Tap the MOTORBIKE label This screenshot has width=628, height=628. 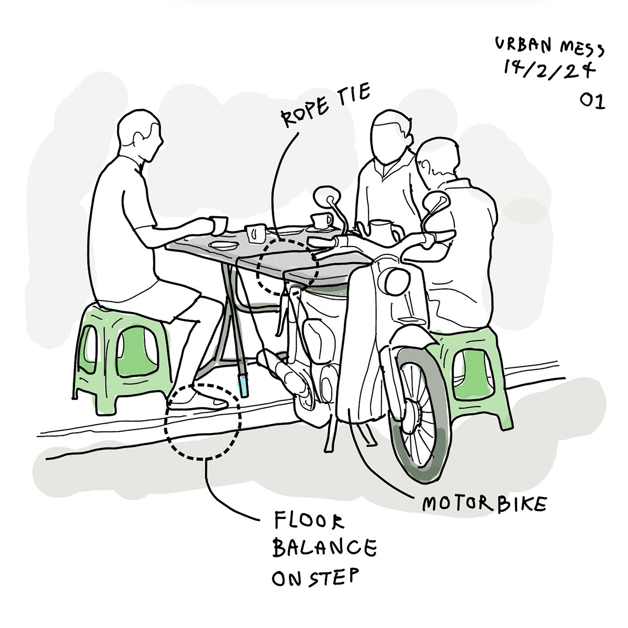484,504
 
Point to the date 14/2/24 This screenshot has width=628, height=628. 549,71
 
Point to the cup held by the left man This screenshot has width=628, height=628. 219,225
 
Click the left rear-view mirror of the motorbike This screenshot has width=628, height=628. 327,196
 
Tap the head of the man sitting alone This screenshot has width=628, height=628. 140,134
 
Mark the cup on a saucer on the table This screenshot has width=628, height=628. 321,221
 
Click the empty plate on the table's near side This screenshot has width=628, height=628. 223,245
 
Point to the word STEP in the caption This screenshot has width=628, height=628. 333,577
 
